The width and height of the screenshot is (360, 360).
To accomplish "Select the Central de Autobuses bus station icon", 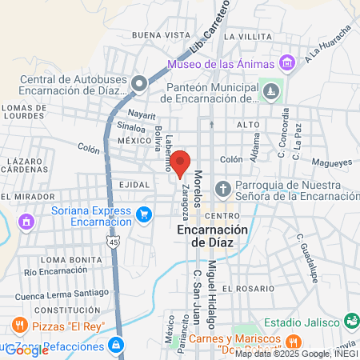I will pos(140,82).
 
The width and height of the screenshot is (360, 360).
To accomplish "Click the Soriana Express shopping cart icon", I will pos(144,214).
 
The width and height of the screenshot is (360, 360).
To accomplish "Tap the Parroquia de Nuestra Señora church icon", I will pos(223,189).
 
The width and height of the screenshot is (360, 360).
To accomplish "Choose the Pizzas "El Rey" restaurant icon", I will pos(19,326).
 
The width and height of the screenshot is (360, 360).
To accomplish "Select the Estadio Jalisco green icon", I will pos(350,319).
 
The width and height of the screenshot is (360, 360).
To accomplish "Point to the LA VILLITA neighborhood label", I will pos(249,37).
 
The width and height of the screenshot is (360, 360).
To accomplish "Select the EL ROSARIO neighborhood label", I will pos(248,288).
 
